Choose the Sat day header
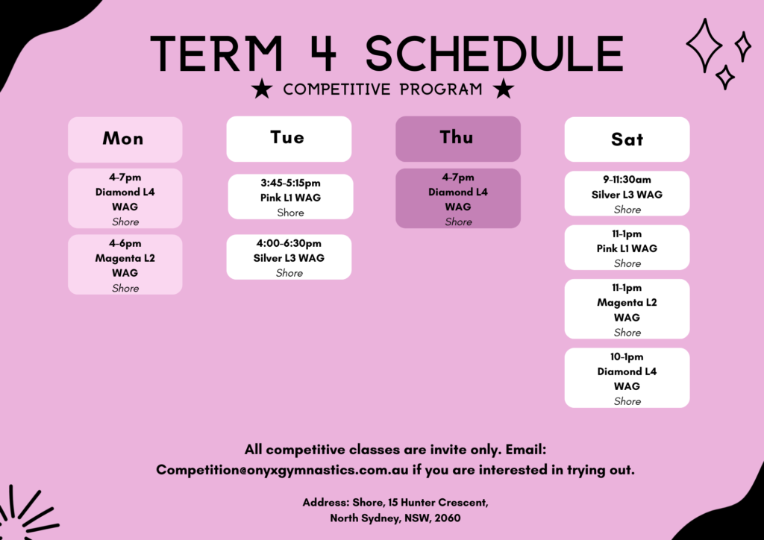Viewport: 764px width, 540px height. [627, 139]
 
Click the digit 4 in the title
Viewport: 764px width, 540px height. [322, 53]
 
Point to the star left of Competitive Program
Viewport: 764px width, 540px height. [262, 89]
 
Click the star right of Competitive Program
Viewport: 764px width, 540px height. [504, 89]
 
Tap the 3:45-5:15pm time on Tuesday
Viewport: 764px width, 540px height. [290, 183]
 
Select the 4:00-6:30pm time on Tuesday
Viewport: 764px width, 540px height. [289, 243]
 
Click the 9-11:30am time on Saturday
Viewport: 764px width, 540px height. [627, 180]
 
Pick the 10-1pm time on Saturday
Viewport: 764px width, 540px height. [627, 357]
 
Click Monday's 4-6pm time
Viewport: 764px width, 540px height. [125, 243]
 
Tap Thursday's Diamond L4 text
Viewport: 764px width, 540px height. [458, 192]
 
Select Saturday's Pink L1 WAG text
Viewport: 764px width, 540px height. [627, 248]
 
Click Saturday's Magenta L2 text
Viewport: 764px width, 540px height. [627, 302]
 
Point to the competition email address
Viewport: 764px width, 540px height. [282, 470]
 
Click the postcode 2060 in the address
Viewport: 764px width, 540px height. [448, 518]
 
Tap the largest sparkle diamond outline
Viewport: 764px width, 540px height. [704, 45]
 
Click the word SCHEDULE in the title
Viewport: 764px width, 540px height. [494, 54]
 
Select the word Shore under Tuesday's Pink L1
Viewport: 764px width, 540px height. [290, 213]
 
